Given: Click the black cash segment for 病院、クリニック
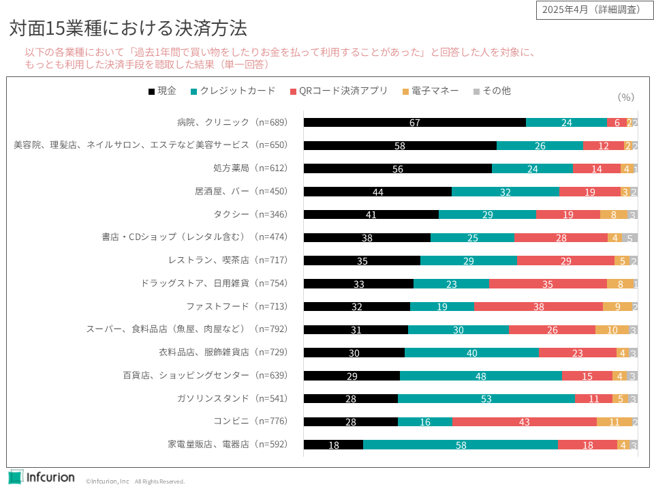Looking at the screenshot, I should (x=414, y=123).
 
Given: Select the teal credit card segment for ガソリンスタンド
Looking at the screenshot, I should (x=486, y=399).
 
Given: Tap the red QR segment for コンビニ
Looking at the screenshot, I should (x=524, y=422).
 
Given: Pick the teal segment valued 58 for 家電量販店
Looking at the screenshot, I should (x=461, y=445).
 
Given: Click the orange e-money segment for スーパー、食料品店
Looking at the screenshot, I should (x=612, y=330).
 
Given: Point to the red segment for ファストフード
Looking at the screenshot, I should (x=538, y=307).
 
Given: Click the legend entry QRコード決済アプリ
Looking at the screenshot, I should (x=339, y=91).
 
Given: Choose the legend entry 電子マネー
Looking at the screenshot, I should (x=431, y=91).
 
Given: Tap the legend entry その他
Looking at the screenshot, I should (x=491, y=91).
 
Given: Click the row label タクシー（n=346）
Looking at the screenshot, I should (x=251, y=215).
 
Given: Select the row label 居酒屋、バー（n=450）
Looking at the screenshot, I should (x=241, y=192).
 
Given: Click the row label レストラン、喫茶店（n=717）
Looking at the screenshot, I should (x=228, y=261).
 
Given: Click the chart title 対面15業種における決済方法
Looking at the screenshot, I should (x=128, y=29).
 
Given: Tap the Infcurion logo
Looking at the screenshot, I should (x=42, y=477).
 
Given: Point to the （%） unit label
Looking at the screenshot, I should (x=625, y=98).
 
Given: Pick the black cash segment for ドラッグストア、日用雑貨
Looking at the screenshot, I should (x=358, y=284).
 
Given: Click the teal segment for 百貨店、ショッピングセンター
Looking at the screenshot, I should (x=481, y=376).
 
